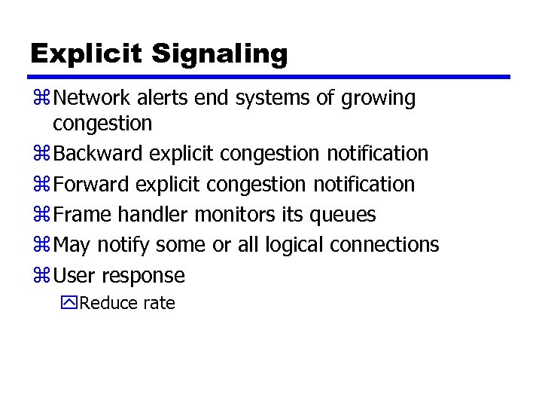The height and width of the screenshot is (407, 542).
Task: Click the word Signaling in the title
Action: coord(219,54)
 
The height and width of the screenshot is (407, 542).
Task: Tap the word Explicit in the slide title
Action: coord(86,54)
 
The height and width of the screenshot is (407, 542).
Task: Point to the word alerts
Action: coord(169,98)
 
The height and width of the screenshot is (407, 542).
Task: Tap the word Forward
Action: coord(93,184)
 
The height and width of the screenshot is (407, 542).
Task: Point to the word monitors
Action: coord(236,215)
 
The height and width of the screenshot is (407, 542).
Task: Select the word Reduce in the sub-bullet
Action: coord(105,304)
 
